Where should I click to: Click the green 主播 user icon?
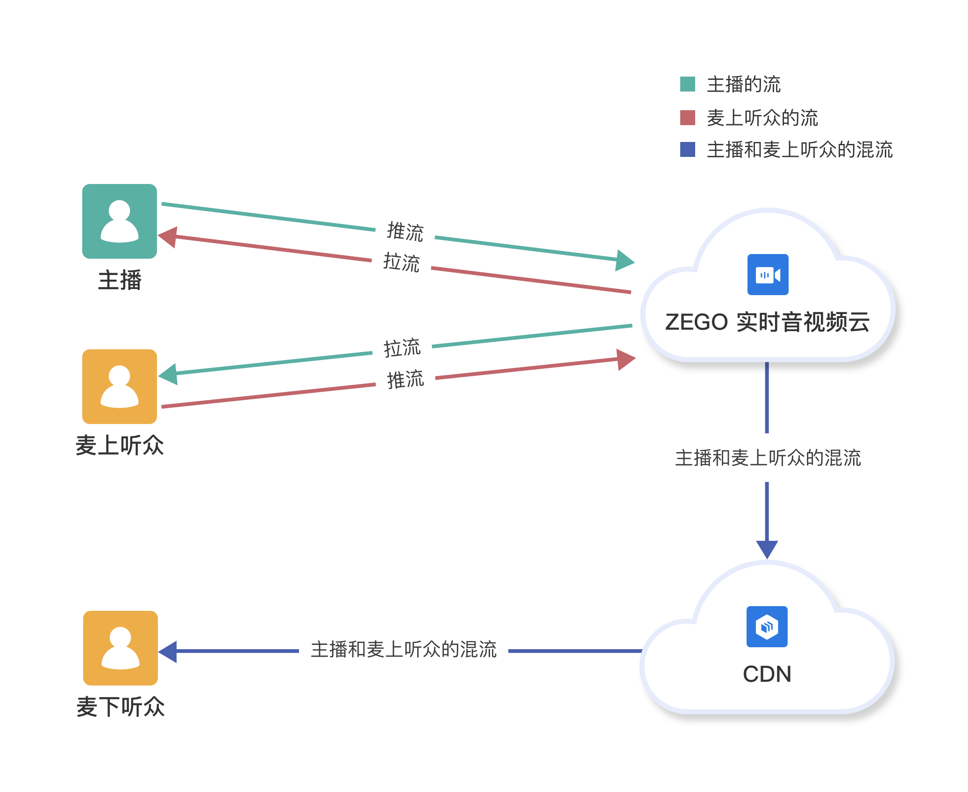click(x=120, y=221)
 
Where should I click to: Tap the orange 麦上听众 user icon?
click(x=120, y=386)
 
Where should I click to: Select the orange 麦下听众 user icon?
click(x=121, y=648)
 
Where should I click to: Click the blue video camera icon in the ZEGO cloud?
click(x=768, y=275)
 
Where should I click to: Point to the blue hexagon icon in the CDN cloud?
click(x=767, y=626)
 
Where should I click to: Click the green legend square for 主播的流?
click(x=687, y=84)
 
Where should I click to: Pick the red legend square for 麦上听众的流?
click(x=687, y=118)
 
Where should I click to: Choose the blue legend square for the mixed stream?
click(x=687, y=149)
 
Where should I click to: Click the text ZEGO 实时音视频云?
click(x=767, y=322)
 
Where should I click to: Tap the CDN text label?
click(x=767, y=674)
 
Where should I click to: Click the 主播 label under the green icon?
click(x=120, y=280)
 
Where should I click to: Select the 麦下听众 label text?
click(x=121, y=707)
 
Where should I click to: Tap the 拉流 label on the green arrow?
click(x=402, y=348)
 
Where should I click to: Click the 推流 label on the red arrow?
click(x=406, y=379)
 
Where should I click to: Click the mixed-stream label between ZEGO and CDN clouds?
click(x=768, y=458)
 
